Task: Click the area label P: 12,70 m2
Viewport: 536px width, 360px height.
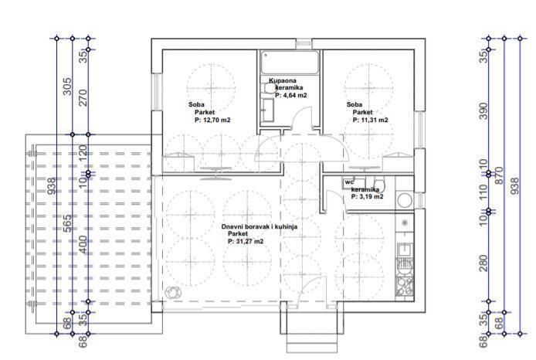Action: point(212,121)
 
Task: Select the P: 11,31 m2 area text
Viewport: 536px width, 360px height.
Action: point(369,121)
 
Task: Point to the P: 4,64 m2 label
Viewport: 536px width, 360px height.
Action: point(291,95)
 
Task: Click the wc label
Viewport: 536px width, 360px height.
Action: point(349,182)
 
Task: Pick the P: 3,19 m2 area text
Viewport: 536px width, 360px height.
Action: point(368,197)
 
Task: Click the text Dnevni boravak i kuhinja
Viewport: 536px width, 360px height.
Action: point(259,226)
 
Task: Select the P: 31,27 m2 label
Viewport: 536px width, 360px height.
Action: point(246,241)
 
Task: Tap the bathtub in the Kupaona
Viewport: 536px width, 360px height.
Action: point(289,62)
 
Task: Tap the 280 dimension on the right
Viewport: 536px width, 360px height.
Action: point(485,263)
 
